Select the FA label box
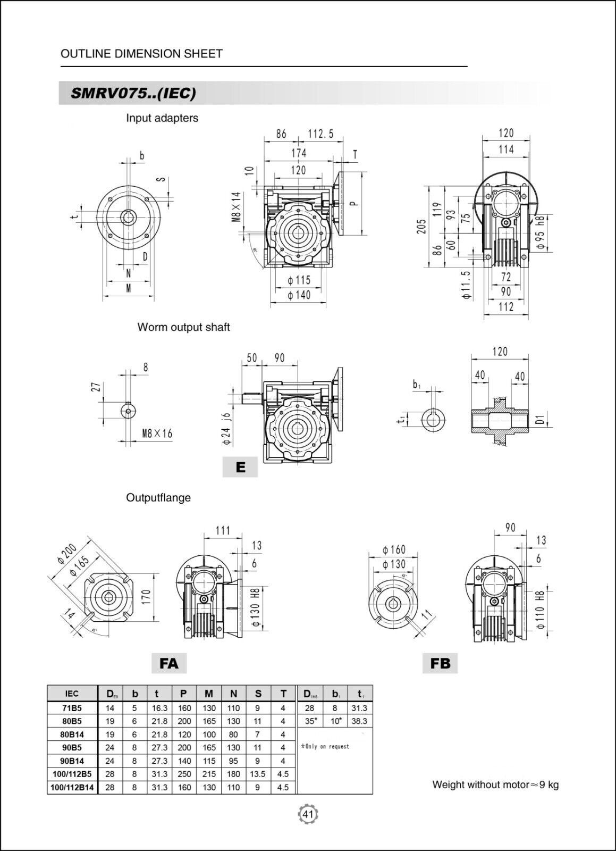[x=169, y=663]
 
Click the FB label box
[x=441, y=663]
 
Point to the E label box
[x=240, y=468]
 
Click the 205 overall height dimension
[x=421, y=226]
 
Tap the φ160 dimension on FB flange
[x=394, y=549]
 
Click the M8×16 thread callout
[x=157, y=433]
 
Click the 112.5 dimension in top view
[x=321, y=134]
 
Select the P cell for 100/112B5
[x=184, y=774]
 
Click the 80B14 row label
[x=72, y=735]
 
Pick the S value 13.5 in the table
[x=258, y=774]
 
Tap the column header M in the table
[x=209, y=694]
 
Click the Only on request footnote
[x=325, y=747]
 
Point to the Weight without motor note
[x=495, y=785]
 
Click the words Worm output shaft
[x=183, y=327]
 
